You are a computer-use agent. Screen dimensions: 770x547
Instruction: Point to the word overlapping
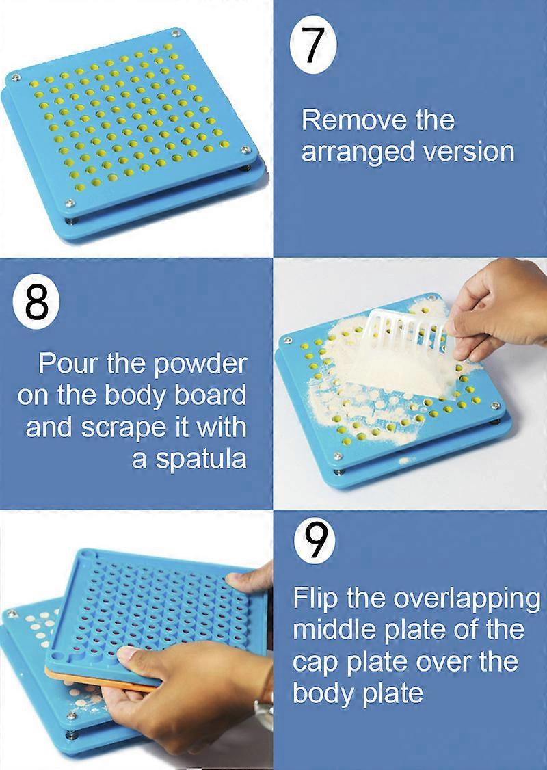(x=466, y=598)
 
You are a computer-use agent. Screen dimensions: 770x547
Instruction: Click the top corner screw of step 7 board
(x=176, y=32)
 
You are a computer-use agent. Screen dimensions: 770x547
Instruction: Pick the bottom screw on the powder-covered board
(x=337, y=455)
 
